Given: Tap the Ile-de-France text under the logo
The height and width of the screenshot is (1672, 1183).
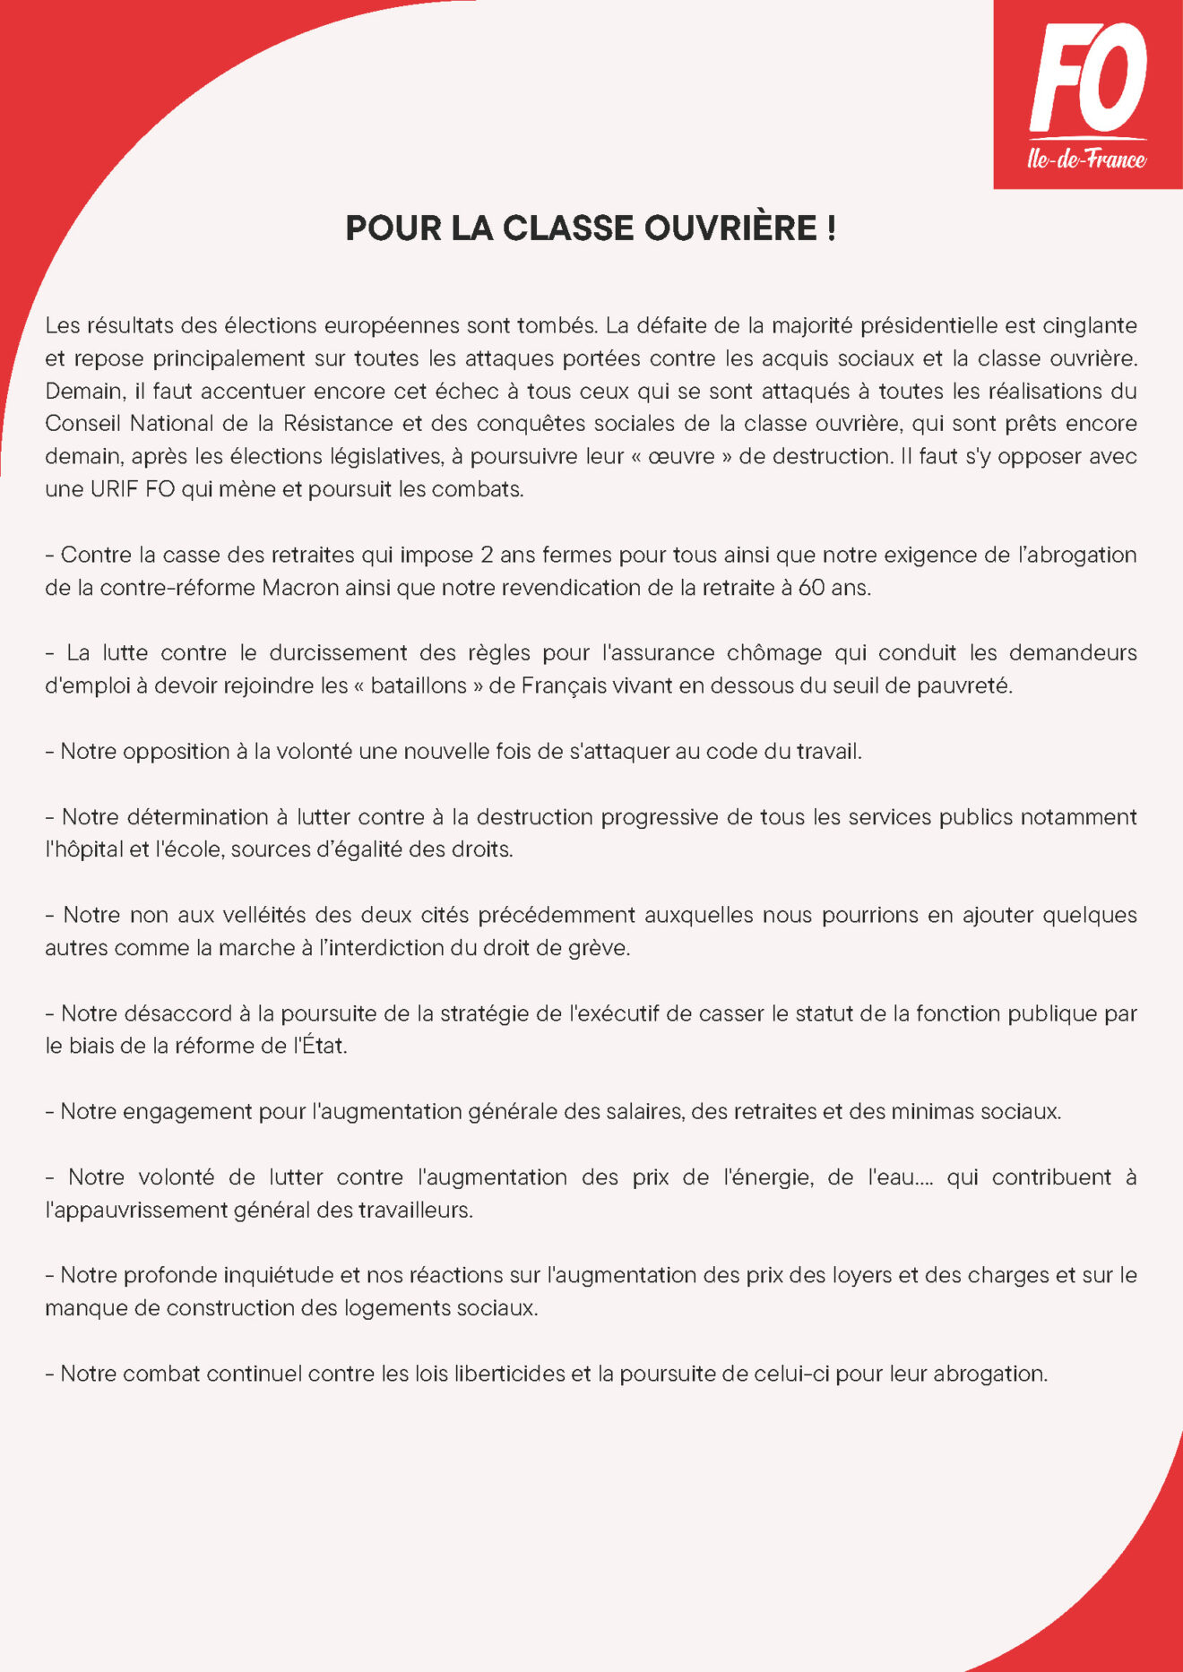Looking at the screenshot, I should click(1086, 160).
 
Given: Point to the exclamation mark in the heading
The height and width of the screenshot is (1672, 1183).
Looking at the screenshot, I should click(833, 228).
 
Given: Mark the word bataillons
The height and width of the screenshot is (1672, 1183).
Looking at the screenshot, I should click(419, 685).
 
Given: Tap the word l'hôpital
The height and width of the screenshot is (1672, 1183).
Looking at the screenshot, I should click(84, 849).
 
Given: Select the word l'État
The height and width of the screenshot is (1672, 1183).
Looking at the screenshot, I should click(320, 1046).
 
